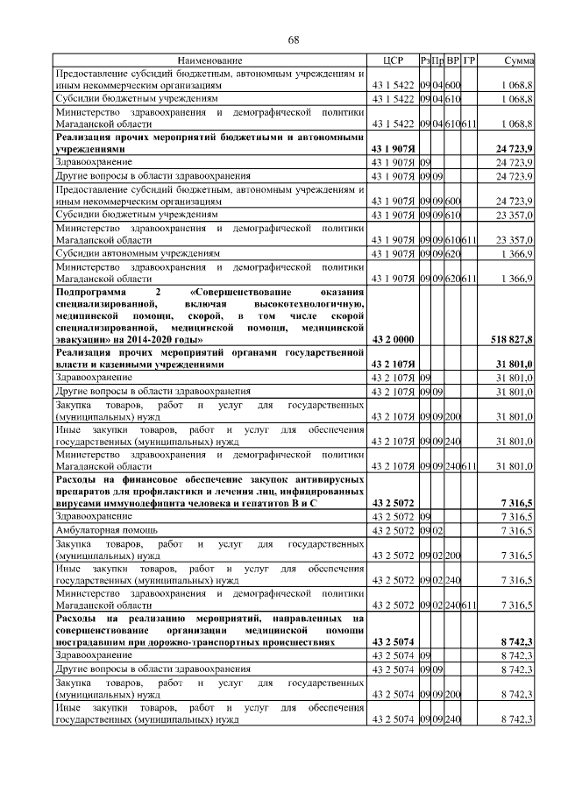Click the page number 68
(x=294, y=39)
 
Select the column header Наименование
(x=209, y=60)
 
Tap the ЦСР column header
(x=392, y=60)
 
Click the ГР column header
(x=469, y=60)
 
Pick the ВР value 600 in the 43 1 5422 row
(x=453, y=87)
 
